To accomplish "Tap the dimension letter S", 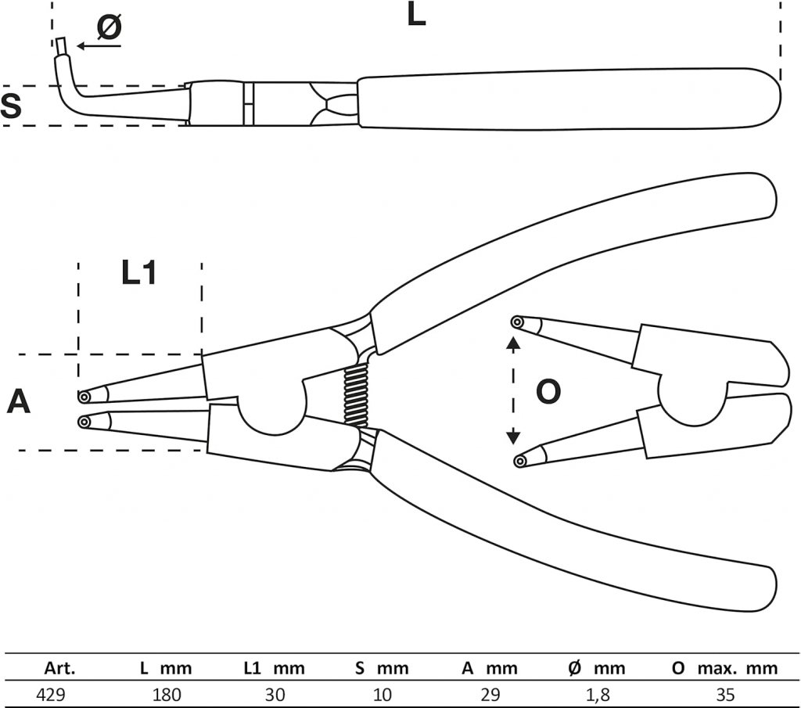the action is tap(11, 106).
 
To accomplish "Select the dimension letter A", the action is tap(19, 401).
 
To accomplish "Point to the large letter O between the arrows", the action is tap(548, 392).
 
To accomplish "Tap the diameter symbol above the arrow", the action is tap(110, 27).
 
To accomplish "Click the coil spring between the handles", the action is tap(357, 395).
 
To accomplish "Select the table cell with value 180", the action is tap(167, 695).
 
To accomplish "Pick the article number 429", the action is tap(51, 695).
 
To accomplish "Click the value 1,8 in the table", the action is tap(597, 695).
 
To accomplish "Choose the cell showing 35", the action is tap(725, 695).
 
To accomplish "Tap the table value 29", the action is tap(490, 695).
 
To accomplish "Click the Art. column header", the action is tap(59, 667).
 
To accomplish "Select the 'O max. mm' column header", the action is tap(725, 667).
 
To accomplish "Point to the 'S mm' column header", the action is tap(382, 667).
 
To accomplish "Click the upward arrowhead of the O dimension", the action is tap(513, 343).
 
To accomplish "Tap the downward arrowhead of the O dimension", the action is tap(513, 437).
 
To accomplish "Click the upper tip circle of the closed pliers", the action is tap(84, 397).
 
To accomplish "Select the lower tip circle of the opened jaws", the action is tap(520, 462).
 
